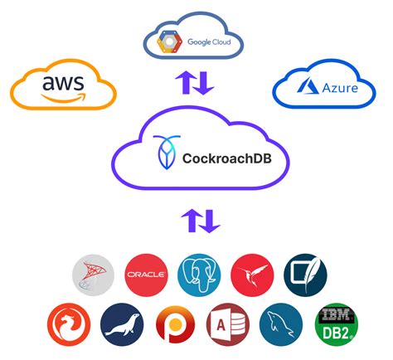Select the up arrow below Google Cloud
[187, 83]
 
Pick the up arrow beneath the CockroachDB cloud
[187, 221]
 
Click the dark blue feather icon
[304, 274]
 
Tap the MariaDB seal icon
[121, 324]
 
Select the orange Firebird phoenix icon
[68, 324]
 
